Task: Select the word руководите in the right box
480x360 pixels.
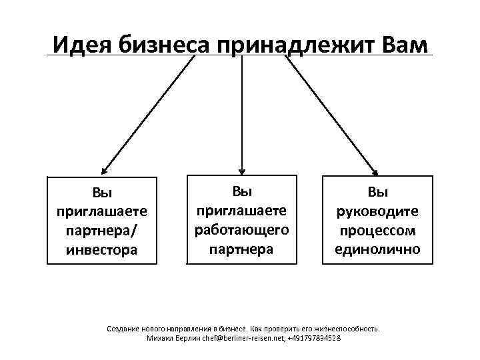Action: point(378,212)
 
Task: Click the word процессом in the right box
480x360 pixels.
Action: point(378,231)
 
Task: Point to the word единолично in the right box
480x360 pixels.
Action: point(378,250)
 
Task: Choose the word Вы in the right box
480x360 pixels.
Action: point(378,193)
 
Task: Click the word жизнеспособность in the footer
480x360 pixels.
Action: point(347,329)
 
